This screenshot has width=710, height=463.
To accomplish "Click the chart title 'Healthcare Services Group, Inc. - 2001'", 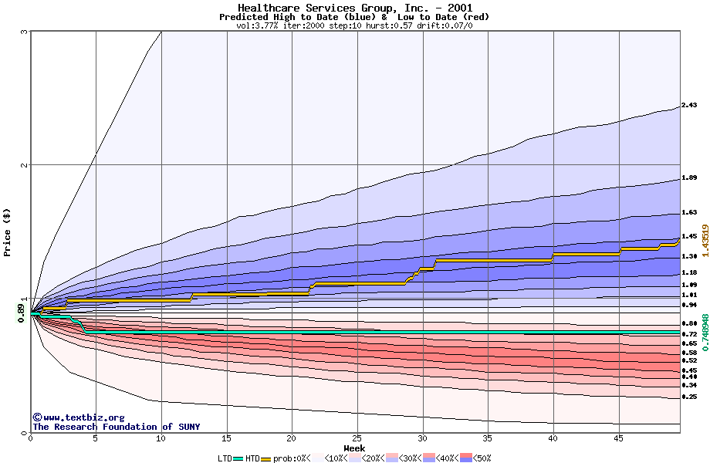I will (354, 8).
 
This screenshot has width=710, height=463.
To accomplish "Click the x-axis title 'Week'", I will (354, 448).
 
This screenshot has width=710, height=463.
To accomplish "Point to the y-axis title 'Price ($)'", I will (8, 232).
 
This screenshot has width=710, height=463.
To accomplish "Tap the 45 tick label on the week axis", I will (618, 438).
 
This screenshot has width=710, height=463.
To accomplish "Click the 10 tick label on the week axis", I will (161, 438).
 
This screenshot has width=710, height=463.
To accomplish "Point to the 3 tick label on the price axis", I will (24, 32).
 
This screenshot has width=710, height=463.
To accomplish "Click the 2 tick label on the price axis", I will (24, 165).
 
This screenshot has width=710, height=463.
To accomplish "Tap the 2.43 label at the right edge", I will (689, 106).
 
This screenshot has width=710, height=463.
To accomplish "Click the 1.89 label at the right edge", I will (689, 178).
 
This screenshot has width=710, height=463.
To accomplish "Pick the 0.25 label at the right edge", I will (689, 397).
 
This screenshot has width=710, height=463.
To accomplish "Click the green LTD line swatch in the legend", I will (238, 458).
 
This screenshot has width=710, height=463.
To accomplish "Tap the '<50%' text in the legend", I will (482, 458).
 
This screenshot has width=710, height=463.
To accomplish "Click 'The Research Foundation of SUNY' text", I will (116, 427).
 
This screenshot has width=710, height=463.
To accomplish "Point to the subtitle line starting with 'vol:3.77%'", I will (354, 25).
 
